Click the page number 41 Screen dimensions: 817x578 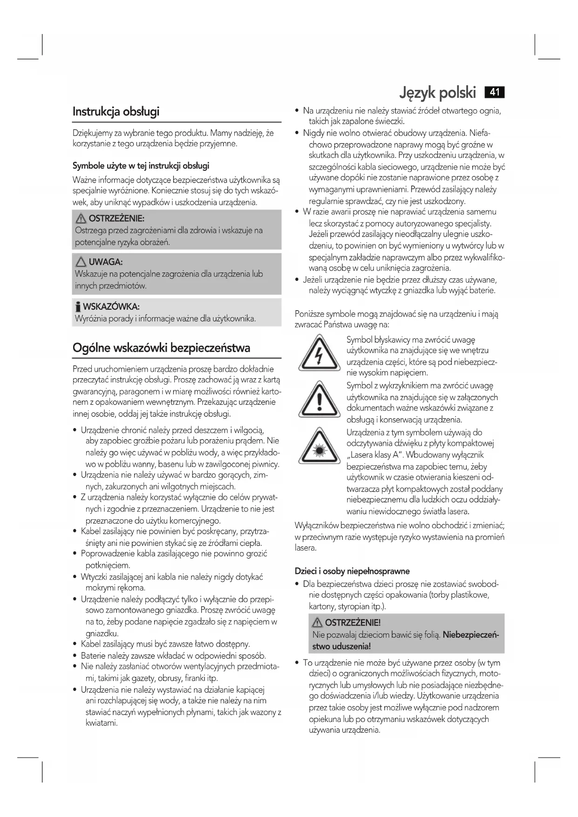tap(495, 92)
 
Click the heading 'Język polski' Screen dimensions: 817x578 tap(438, 93)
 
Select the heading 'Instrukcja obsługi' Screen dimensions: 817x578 tap(116, 112)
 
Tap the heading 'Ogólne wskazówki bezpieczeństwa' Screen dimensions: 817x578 tap(161, 348)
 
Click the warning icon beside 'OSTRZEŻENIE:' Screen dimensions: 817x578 tap(82, 218)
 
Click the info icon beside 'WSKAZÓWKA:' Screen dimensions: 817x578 tap(78, 307)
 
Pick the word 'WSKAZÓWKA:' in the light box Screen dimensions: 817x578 tap(111, 307)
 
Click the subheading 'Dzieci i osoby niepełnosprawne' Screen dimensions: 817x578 tap(352, 571)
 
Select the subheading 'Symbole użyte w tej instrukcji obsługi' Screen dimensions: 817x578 tap(141, 166)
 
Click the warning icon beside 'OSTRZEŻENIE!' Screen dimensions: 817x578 tap(318, 623)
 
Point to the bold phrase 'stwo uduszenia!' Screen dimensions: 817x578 tap(341, 647)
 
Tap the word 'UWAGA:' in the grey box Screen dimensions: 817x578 tap(106, 262)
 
